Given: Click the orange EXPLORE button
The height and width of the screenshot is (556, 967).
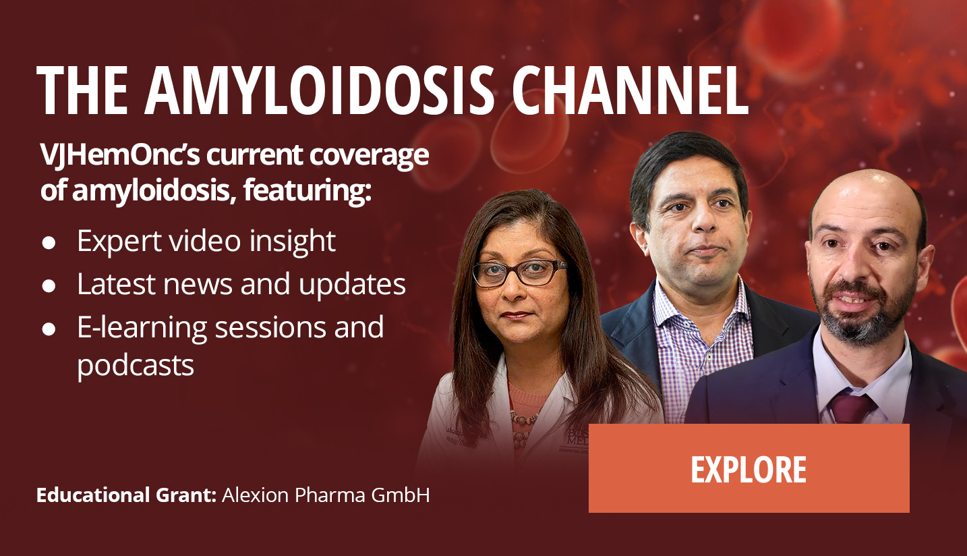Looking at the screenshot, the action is (749, 468).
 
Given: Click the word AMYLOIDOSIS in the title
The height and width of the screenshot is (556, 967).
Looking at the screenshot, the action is (320, 90).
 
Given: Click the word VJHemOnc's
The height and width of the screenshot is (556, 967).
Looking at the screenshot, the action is (120, 155).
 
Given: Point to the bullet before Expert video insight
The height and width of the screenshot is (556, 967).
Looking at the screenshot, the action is (49, 243).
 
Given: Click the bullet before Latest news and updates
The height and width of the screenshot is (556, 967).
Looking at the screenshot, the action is (49, 286).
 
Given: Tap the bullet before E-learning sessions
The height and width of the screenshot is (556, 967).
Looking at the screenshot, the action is (49, 329).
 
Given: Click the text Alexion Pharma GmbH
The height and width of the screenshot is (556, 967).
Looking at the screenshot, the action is (326, 495).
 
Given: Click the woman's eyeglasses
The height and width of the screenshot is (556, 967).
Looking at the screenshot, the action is (519, 273).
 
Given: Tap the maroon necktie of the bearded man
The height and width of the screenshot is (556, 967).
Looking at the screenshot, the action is (852, 408).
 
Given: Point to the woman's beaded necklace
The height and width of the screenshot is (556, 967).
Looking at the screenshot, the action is (525, 426).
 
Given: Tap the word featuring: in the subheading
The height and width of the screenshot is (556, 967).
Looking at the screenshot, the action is (307, 191).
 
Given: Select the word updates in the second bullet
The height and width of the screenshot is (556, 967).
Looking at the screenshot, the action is (352, 285).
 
